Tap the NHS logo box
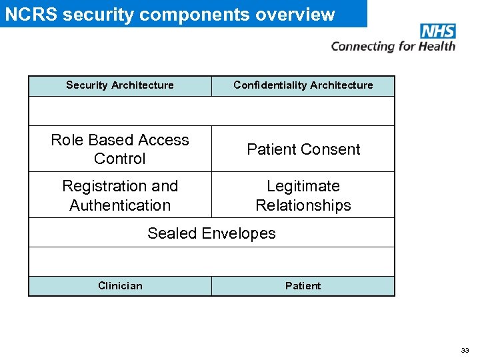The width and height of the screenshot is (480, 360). coord(438,31)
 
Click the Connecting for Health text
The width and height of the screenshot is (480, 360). coord(393,46)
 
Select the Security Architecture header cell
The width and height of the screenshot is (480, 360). coord(120,85)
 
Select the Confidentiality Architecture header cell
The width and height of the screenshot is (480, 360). coord(303,85)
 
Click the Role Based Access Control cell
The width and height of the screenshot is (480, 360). coord(120,149)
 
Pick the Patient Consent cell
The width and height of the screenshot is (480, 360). coord(303,149)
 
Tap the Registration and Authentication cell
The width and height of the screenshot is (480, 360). coord(120,195)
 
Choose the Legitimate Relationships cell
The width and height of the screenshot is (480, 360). coord(303,195)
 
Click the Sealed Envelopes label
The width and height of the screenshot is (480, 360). coord(211,233)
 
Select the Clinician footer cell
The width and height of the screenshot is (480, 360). coord(120,286)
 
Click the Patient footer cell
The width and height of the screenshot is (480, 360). coord(303,286)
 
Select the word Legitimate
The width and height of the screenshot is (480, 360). coord(303,186)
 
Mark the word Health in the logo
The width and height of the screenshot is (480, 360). coord(438,46)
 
